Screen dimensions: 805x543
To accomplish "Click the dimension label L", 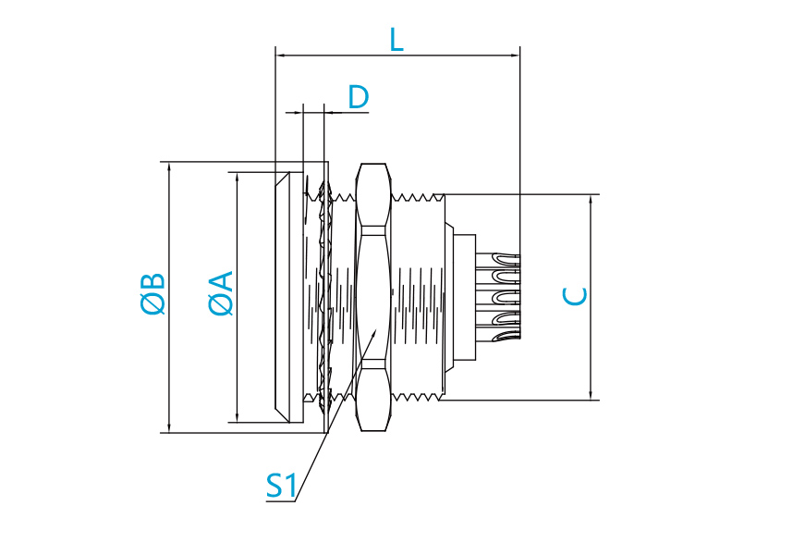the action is (x=396, y=40).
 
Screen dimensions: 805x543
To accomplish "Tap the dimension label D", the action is (x=359, y=96).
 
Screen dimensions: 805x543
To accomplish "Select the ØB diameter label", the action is (x=153, y=293).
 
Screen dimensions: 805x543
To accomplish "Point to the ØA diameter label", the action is (x=221, y=293).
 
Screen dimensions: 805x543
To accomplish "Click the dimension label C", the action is (x=575, y=296).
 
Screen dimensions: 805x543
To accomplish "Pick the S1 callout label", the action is (x=281, y=486).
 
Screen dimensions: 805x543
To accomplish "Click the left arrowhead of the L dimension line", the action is (x=280, y=55).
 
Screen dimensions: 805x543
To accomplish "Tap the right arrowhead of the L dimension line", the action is (x=515, y=55).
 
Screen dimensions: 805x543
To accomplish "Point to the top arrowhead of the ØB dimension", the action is (x=169, y=167).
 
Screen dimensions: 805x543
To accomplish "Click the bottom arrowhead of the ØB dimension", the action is (x=169, y=427).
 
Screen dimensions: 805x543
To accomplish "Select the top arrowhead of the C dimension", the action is (x=591, y=200).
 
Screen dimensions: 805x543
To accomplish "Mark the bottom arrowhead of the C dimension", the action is (x=591, y=395).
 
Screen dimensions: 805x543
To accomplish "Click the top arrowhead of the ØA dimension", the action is (x=237, y=178).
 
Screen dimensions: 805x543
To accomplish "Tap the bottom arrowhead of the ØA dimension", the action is (x=237, y=417).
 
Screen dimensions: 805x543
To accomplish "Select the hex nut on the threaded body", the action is (x=373, y=297).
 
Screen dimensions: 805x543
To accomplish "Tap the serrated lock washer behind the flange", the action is (x=324, y=297).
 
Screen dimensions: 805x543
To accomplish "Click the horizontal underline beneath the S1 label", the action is (x=281, y=500).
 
